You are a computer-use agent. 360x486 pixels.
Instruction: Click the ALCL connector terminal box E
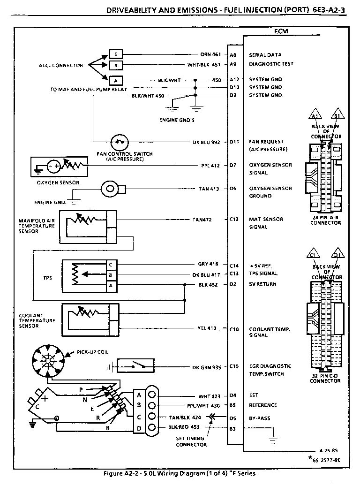click(x=115, y=53)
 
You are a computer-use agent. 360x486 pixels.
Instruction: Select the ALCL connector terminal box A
click(x=115, y=80)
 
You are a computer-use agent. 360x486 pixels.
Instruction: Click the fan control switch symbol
click(x=120, y=142)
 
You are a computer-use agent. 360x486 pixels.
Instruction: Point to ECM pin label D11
click(x=234, y=141)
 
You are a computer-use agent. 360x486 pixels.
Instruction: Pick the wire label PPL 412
click(x=210, y=165)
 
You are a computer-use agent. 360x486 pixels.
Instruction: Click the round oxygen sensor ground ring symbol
click(x=111, y=189)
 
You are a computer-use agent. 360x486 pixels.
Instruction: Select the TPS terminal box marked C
click(x=110, y=265)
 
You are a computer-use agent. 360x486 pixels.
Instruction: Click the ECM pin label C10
click(x=234, y=329)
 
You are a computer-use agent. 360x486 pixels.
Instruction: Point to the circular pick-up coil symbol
click(x=47, y=360)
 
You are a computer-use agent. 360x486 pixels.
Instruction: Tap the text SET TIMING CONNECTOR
click(x=191, y=441)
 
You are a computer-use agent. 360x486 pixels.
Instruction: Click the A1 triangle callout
click(x=315, y=116)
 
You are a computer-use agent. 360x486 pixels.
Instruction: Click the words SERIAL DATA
click(x=265, y=55)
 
